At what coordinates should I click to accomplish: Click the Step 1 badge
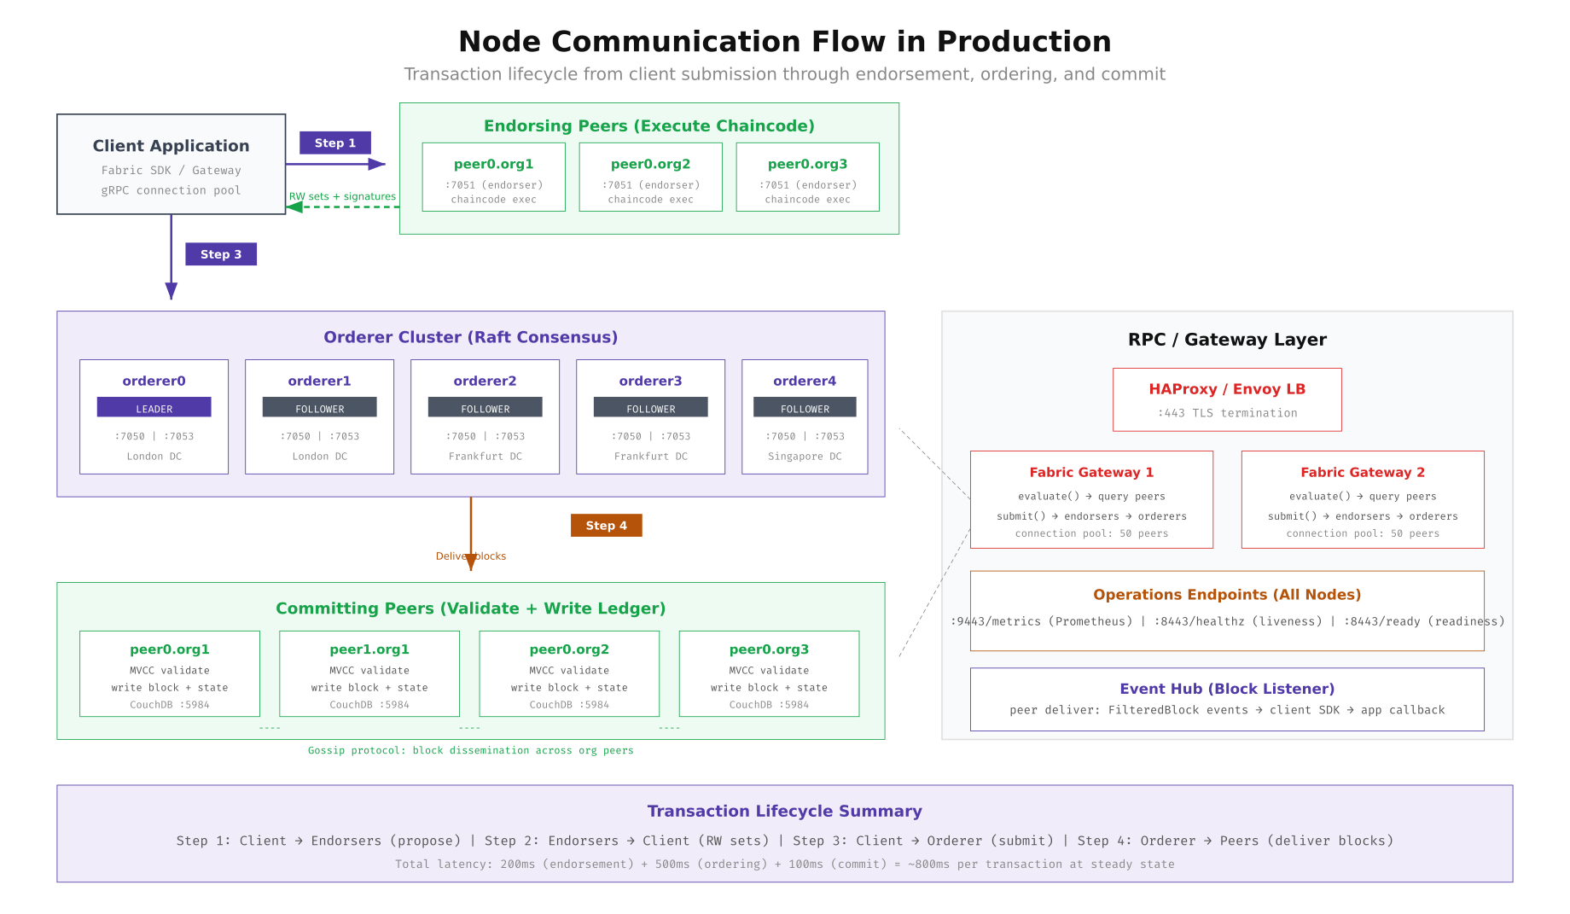pos(334,143)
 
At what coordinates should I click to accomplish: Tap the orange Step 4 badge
pos(606,526)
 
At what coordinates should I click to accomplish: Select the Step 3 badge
pos(221,254)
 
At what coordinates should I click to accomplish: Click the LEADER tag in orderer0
pos(154,408)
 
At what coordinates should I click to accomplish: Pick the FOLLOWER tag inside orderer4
pos(805,408)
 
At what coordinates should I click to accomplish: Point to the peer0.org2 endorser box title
pos(650,164)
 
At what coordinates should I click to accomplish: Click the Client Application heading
pos(171,146)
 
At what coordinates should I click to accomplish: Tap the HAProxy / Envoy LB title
pos(1226,389)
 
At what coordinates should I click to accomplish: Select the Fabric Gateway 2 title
pos(1362,472)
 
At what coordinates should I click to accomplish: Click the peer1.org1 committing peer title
pos(369,649)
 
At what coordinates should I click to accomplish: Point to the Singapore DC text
pos(805,457)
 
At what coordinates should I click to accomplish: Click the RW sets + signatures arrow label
pos(342,196)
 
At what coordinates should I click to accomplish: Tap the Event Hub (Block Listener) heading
pos(1226,689)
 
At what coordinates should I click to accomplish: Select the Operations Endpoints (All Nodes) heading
pos(1226,595)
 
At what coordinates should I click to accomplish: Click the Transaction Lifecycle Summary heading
pos(784,811)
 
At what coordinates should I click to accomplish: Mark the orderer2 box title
pos(485,381)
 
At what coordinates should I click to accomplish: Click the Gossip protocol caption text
pos(470,750)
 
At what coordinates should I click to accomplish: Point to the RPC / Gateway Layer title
pos(1226,340)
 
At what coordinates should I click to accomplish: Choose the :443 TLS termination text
pos(1226,413)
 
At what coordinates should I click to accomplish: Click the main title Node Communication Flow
pos(784,41)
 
